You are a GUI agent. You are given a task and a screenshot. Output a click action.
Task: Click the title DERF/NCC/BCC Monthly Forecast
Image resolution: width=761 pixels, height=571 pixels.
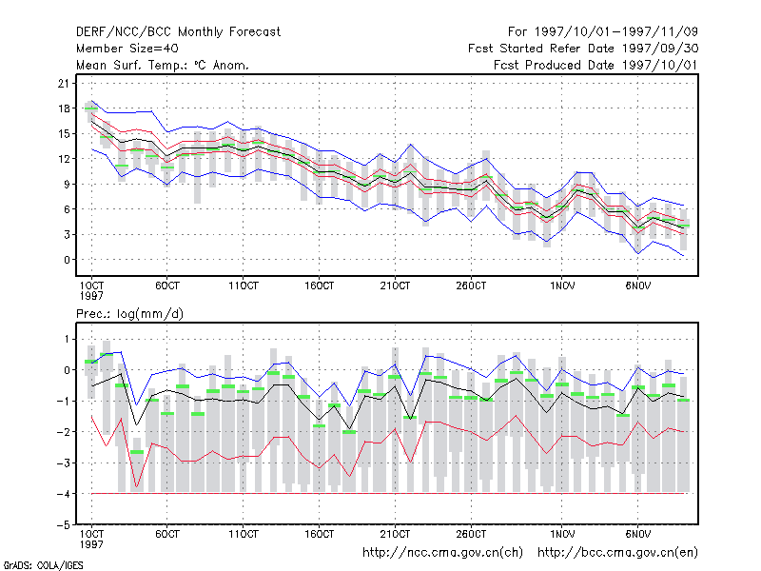tap(178, 32)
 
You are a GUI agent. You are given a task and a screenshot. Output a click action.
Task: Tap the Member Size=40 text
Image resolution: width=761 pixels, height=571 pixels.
tap(127, 49)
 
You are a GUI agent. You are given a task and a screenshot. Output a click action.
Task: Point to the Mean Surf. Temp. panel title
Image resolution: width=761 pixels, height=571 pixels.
tap(162, 65)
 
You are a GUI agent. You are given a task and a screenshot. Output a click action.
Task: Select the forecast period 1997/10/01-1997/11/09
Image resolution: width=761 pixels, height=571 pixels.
tap(603, 32)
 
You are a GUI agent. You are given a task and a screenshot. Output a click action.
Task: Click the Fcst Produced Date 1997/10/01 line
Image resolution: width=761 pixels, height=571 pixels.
tap(595, 65)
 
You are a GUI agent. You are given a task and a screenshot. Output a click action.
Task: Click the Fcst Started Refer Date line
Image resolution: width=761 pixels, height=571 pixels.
tap(583, 49)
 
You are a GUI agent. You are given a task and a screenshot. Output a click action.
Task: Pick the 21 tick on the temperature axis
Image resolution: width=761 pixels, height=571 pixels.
tap(64, 84)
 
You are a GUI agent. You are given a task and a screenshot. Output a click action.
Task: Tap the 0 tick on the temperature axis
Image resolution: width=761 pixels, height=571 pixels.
tap(67, 260)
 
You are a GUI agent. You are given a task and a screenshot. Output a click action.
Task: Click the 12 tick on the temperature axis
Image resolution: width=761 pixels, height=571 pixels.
tap(64, 159)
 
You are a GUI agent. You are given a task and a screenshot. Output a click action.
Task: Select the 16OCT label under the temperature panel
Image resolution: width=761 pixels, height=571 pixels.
tap(319, 285)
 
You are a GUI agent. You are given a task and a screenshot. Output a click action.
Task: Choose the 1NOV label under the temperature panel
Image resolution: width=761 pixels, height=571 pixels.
tap(562, 285)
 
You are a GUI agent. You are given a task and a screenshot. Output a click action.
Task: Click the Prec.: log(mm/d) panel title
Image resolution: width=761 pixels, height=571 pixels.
tap(129, 314)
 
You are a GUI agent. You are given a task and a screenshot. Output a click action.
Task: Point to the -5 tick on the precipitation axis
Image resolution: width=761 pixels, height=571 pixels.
tap(64, 525)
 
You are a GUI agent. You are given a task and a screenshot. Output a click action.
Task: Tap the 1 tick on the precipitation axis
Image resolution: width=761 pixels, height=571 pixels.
tap(67, 339)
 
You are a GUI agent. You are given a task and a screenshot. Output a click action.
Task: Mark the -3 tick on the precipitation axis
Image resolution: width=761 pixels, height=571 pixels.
tap(64, 463)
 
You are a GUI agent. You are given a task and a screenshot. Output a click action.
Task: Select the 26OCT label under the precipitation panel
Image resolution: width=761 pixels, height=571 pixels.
tap(471, 534)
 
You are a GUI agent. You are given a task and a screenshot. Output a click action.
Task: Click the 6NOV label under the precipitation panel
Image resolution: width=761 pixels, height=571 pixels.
tap(637, 534)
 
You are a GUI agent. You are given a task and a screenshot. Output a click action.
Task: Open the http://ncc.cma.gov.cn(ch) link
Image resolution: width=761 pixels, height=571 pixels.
tap(442, 553)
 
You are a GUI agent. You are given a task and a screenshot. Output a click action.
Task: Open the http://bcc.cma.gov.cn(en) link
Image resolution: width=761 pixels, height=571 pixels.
tap(617, 553)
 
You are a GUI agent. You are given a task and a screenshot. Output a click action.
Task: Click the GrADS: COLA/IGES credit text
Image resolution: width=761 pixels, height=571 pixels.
tap(43, 565)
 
